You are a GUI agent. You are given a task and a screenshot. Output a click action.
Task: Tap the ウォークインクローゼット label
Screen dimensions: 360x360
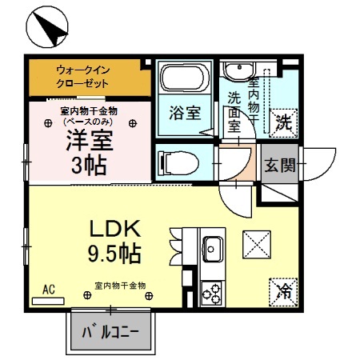pos(88,77)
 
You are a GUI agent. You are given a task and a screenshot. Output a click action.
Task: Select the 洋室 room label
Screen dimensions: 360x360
pos(89,141)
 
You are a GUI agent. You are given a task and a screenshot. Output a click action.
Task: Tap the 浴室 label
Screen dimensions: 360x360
pos(184,114)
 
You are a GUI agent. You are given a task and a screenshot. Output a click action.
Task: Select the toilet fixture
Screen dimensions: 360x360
pos(178,162)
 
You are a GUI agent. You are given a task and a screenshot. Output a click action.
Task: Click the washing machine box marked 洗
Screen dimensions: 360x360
pos(282,121)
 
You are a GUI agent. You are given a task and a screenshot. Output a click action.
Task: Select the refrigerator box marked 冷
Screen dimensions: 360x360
pos(282,290)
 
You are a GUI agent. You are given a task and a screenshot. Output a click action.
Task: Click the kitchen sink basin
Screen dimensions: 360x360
pos(214,245)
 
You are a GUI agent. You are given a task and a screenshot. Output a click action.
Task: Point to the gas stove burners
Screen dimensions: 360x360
pos(213,294)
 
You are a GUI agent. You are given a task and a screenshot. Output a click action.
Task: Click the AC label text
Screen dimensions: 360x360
pos(48,289)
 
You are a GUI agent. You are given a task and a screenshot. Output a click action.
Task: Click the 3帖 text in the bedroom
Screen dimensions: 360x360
pos(89,166)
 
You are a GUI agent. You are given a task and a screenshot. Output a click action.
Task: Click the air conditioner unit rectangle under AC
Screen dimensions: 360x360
pos(48,300)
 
